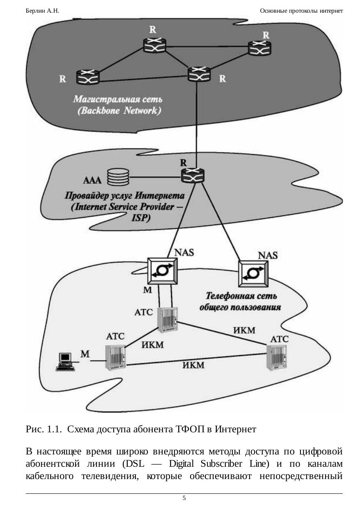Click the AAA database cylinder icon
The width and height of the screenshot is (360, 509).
118,178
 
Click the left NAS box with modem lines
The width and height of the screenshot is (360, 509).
163,270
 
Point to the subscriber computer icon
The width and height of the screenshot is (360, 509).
66,361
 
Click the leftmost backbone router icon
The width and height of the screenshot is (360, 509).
87,77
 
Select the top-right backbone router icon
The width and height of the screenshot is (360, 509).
259,48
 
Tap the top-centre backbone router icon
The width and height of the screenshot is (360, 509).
155,45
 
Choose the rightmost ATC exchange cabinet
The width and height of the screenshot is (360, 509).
277,358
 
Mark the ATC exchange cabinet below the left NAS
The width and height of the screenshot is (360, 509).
169,320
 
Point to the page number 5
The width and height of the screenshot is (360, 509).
184,498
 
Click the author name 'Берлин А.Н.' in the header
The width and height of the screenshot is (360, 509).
42,11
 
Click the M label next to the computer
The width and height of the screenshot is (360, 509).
85,354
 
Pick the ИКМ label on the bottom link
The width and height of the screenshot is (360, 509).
193,365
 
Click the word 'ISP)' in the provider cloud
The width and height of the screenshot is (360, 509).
141,218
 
